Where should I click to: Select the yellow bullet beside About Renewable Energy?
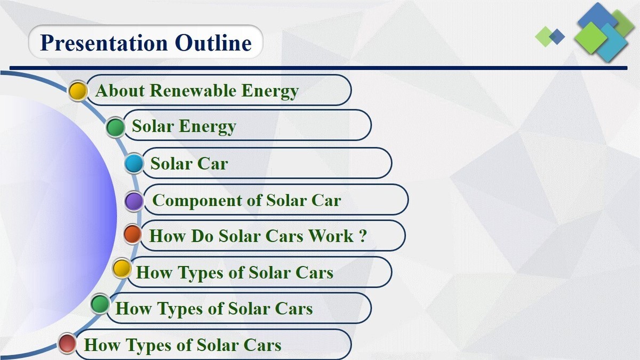78,91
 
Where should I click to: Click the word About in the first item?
121,91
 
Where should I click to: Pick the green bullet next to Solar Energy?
116,127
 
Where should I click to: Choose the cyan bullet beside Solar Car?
134,164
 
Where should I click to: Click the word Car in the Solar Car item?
212,163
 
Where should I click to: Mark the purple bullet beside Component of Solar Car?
134,202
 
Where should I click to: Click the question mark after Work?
363,236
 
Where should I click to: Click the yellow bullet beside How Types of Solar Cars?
122,269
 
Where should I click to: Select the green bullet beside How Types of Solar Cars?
100,304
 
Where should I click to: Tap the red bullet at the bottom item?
67,343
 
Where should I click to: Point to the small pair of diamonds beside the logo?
550,36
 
